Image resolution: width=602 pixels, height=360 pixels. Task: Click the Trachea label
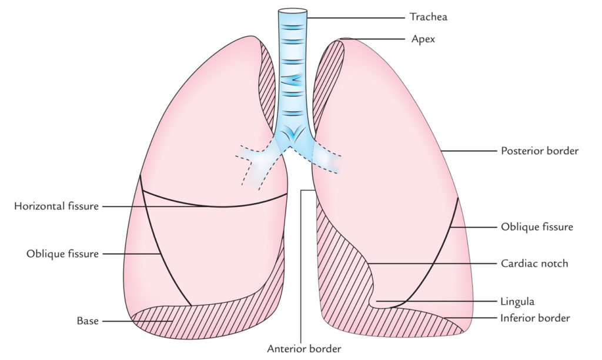[428, 17]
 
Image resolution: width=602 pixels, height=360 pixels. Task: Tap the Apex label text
[423, 40]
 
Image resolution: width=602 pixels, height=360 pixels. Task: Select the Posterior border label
[539, 151]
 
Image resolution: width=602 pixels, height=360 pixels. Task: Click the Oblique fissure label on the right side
[536, 226]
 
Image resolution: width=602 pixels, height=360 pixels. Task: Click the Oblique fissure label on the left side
[62, 254]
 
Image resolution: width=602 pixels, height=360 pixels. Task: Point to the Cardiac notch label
[534, 264]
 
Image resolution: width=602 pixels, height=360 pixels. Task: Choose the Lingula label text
[517, 302]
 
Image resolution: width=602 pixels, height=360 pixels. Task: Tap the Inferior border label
[535, 318]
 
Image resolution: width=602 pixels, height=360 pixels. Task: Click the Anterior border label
[304, 348]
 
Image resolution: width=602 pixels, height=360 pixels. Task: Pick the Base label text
[87, 321]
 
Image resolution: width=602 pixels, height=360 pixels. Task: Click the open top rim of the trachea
[292, 11]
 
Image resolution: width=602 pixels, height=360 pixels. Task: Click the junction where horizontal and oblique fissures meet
[142, 192]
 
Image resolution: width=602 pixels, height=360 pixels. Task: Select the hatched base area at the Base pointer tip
[170, 321]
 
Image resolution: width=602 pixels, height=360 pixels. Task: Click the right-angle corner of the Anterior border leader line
[301, 191]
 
